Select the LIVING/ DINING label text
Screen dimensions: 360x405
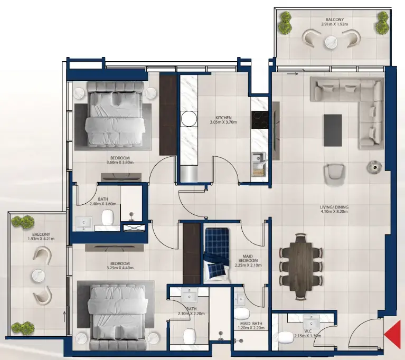pos(334,207)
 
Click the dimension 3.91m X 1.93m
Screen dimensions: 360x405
pos(333,24)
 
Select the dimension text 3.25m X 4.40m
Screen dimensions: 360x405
pos(120,268)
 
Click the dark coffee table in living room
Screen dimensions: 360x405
pos(333,130)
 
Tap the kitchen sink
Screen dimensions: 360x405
pos(258,158)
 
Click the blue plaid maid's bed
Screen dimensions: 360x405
pos(216,252)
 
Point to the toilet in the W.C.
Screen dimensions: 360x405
pos(285,337)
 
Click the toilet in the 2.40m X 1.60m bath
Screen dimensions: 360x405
pos(108,216)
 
